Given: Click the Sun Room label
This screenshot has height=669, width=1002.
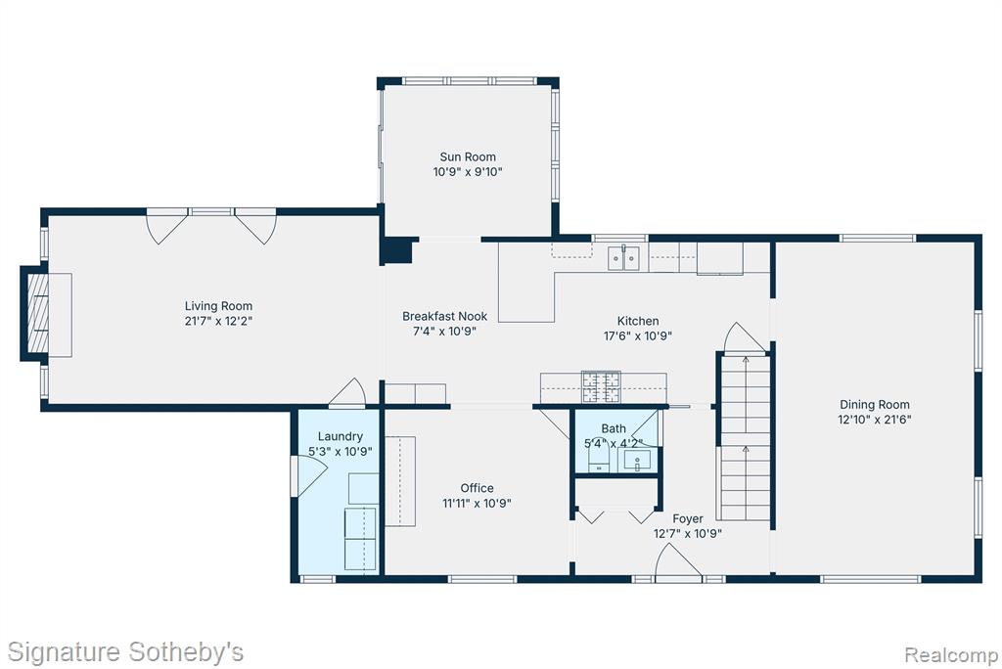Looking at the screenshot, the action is (x=467, y=156).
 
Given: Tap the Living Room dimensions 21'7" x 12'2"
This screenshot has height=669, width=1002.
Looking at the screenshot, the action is (x=218, y=321).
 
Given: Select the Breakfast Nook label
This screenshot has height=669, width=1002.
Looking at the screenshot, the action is (x=445, y=316).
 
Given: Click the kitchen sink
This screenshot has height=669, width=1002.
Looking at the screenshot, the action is (x=623, y=257).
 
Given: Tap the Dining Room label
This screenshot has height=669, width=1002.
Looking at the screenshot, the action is (x=874, y=405).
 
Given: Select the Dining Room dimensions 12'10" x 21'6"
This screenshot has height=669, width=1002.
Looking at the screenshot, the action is (x=874, y=420).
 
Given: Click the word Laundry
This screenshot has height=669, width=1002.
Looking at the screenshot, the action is (x=340, y=436).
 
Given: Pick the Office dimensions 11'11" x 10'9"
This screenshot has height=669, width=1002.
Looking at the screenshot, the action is (x=477, y=503).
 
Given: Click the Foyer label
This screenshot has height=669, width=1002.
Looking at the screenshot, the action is (x=688, y=518).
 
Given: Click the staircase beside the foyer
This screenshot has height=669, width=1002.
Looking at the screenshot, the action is (x=746, y=437).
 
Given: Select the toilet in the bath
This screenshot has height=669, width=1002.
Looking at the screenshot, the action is (x=598, y=455).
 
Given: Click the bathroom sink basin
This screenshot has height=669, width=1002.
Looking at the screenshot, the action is (x=637, y=461).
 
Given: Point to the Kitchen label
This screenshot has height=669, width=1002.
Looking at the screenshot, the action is (x=638, y=321).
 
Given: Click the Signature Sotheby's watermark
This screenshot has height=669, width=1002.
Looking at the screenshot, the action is (x=125, y=652).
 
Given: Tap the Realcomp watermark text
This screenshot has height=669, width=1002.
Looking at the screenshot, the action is (x=951, y=655).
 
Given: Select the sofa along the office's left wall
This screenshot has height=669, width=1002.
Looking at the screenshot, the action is (x=400, y=481).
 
